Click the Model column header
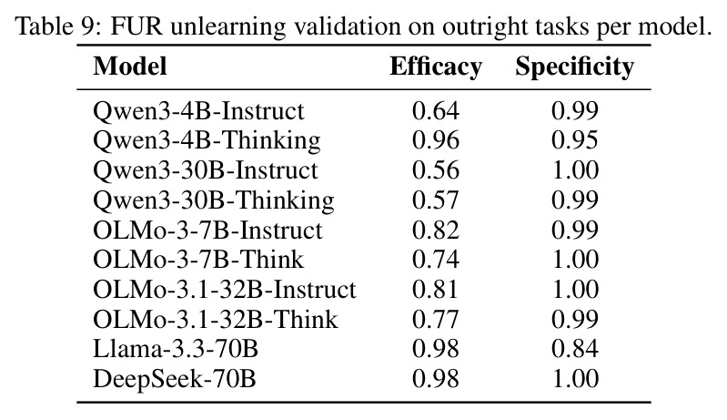click(130, 66)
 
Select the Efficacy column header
click(436, 66)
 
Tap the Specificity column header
click(574, 67)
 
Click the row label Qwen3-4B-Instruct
click(198, 111)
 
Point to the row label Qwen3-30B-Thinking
click(213, 201)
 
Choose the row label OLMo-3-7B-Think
click(198, 260)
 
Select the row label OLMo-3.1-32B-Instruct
click(225, 289)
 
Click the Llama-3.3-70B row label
click(176, 349)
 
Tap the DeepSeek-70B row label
click(175, 379)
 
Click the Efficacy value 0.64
click(435, 111)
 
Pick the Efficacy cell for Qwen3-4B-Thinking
click(435, 140)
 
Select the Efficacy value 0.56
click(435, 170)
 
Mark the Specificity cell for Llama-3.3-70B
click(575, 349)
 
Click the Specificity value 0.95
click(575, 140)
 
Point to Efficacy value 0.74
click(435, 260)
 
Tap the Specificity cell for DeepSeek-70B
click(575, 379)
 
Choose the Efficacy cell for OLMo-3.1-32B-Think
click(435, 319)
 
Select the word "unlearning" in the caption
click(227, 27)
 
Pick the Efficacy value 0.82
click(435, 230)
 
